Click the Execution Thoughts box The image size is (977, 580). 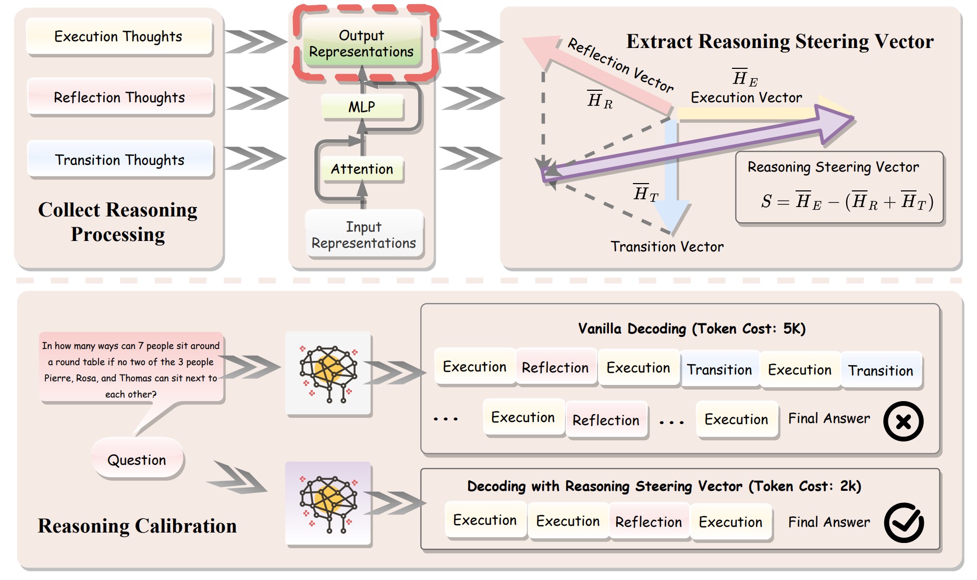pyautogui.click(x=119, y=37)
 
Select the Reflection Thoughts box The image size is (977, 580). pyautogui.click(x=120, y=98)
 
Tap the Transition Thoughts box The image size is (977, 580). pyautogui.click(x=120, y=160)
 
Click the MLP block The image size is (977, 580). pyautogui.click(x=362, y=107)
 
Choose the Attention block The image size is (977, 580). pyautogui.click(x=362, y=169)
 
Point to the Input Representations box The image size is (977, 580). pyautogui.click(x=364, y=235)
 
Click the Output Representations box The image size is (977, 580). pyautogui.click(x=362, y=44)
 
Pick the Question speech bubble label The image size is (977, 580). pyautogui.click(x=137, y=460)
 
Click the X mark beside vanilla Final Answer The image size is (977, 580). pyautogui.click(x=903, y=421)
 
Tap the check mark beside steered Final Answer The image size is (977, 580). pyautogui.click(x=903, y=523)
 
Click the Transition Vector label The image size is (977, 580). pyautogui.click(x=667, y=247)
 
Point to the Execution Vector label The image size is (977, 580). pyautogui.click(x=746, y=98)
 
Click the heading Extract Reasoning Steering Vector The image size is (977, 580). pyautogui.click(x=779, y=41)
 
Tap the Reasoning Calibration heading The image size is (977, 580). pyautogui.click(x=137, y=526)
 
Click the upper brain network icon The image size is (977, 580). pyautogui.click(x=328, y=373)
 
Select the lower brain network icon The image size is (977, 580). pyautogui.click(x=328, y=504)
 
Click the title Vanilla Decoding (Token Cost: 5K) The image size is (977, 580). pyautogui.click(x=692, y=329)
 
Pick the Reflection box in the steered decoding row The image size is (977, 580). pyautogui.click(x=649, y=522)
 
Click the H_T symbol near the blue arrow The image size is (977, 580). pyautogui.click(x=645, y=194)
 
